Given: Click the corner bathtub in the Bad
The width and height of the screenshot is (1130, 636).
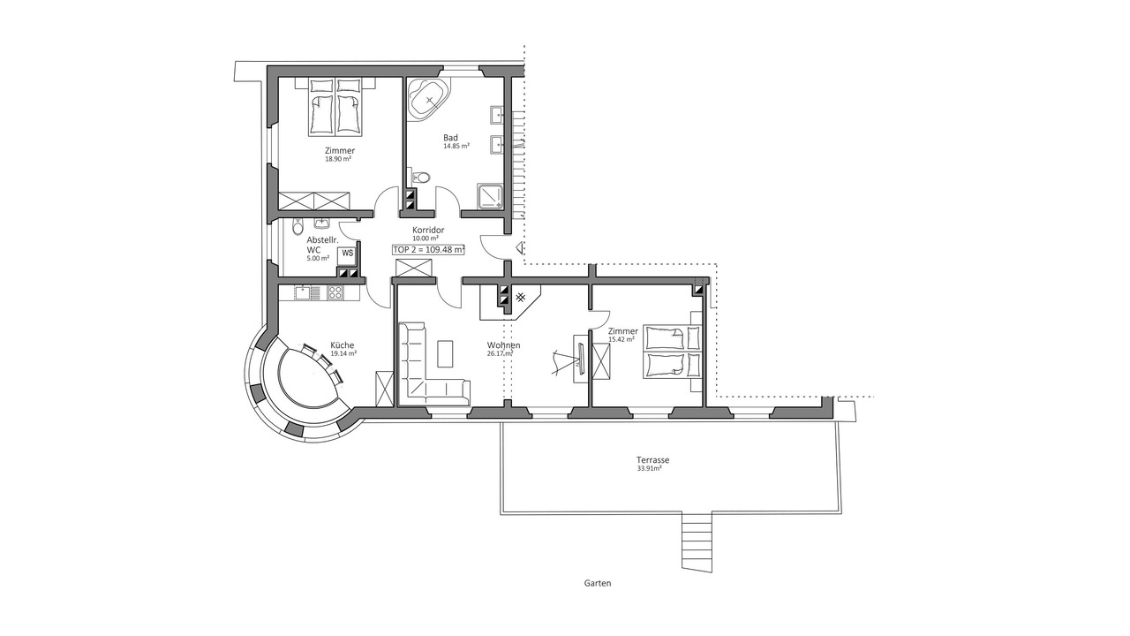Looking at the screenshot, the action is pos(428,101).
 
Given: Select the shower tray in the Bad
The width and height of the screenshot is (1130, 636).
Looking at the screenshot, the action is pos(490,196).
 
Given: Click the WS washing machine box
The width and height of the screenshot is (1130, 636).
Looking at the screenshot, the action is pos(348,254).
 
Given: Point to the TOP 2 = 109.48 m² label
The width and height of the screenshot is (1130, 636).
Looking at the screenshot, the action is pos(428,249).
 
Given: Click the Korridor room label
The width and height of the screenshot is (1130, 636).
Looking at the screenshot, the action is pos(428,231).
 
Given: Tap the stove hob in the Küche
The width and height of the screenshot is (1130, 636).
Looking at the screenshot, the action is pos(335,292).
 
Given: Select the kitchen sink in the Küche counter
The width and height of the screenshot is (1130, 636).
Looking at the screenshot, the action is pos(302,292).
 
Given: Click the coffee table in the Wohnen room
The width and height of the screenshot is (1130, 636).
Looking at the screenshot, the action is pos(445,354).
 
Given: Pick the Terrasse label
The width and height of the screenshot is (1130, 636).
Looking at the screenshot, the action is pos(652,460).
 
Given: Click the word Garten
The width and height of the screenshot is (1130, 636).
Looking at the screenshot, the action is pos(598,584).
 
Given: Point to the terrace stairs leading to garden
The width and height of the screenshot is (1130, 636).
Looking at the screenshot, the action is pos(697,543).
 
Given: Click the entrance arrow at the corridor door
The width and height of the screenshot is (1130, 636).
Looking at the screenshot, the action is pos(520,248).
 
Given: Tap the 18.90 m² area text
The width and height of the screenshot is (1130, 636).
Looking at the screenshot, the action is pos(338,159).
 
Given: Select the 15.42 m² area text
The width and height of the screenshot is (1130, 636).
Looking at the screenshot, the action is pos(621,340).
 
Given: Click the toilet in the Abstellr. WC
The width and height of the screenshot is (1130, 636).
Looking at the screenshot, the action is pos(298,227).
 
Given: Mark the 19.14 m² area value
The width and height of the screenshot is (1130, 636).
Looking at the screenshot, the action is pos(343,354).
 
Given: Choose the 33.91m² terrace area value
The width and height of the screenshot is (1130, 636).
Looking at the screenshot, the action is pos(650,468).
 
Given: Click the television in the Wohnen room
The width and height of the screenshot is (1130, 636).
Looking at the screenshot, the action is pos(580,358).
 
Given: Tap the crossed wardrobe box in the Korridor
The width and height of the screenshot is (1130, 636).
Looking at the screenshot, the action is pos(414,268).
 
